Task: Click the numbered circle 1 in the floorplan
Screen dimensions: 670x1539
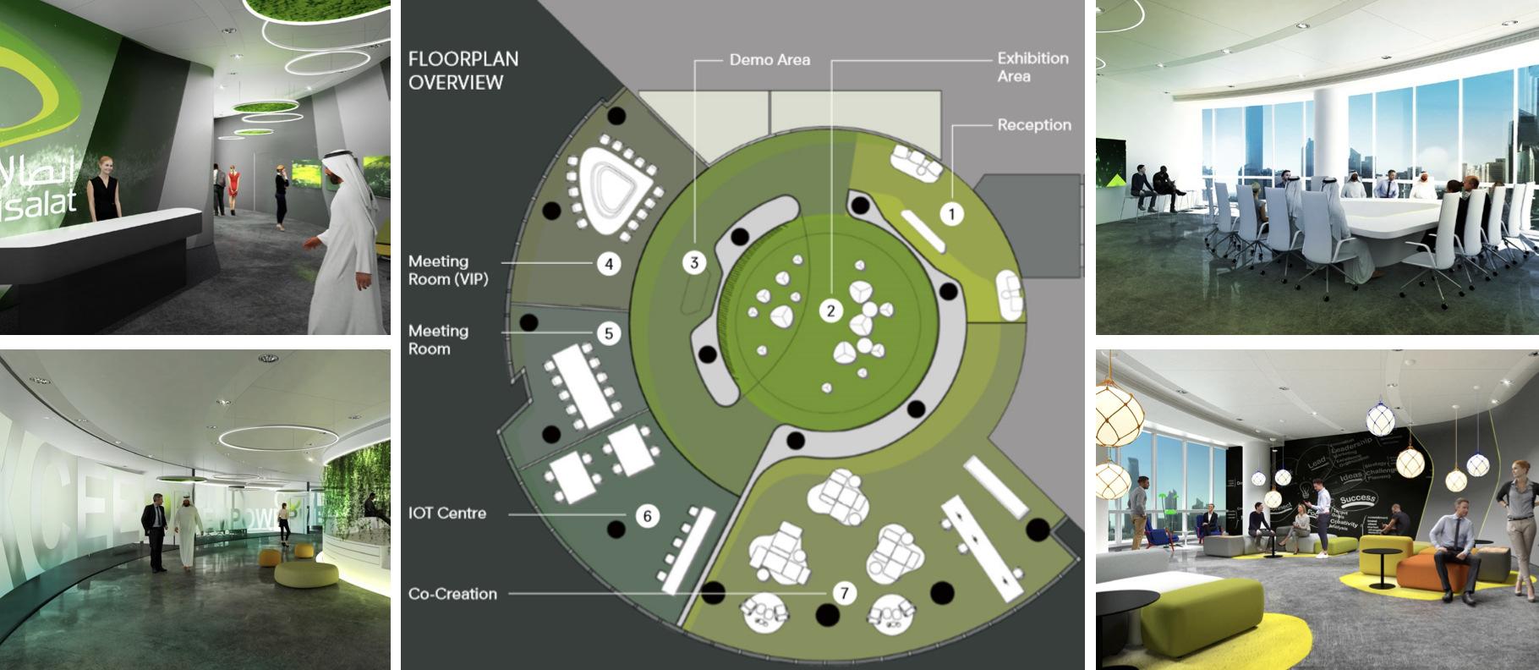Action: (951, 214)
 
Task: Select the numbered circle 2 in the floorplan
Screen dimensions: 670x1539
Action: (830, 311)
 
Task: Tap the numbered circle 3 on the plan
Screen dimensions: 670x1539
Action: (694, 262)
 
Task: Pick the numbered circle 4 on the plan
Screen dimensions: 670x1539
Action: (609, 264)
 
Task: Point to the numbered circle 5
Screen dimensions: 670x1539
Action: (609, 333)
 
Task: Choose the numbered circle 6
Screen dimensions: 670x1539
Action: (647, 515)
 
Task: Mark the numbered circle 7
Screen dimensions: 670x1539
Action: (843, 594)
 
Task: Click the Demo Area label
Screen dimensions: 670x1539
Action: (769, 60)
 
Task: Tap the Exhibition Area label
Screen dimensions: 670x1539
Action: (1032, 67)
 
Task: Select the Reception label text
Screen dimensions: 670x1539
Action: (1033, 125)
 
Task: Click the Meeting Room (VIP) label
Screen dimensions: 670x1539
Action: (448, 271)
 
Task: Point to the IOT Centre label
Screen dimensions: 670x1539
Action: (447, 513)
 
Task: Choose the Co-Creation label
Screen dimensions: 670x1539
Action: (452, 594)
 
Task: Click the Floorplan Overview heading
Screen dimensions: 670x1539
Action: (463, 70)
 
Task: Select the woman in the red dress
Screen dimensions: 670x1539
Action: (233, 189)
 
